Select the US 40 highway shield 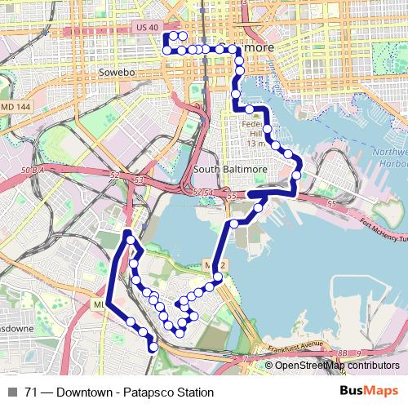tap(147, 28)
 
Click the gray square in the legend tap(12, 392)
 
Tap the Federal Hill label tap(255, 131)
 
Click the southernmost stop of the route tap(153, 348)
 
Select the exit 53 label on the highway tap(140, 179)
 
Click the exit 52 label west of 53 tap(116, 175)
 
